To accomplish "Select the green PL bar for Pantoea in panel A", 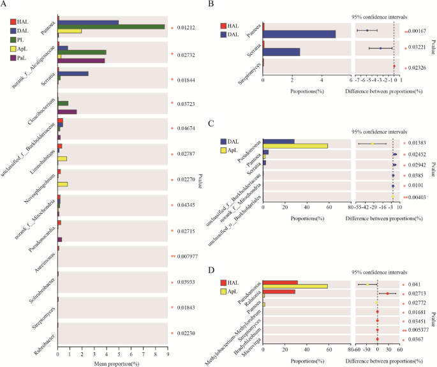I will (x=111, y=26).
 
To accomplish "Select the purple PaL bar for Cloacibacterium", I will (x=68, y=112).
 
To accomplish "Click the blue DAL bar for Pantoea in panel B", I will (x=299, y=34).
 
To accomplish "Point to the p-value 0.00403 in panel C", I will (x=415, y=197).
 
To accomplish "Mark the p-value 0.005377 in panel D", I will (x=414, y=330).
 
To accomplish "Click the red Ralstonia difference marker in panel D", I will (x=387, y=294).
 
